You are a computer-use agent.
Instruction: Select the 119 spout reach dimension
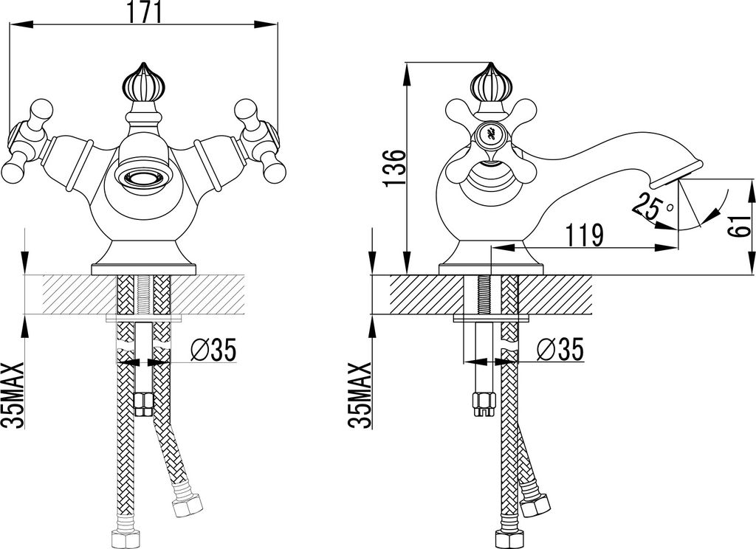tap(584, 235)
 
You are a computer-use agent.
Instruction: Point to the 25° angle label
tap(652, 206)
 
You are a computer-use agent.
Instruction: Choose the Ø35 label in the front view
tap(213, 350)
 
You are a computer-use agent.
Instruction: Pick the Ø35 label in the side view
tap(560, 350)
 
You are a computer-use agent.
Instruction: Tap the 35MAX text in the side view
tap(360, 396)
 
